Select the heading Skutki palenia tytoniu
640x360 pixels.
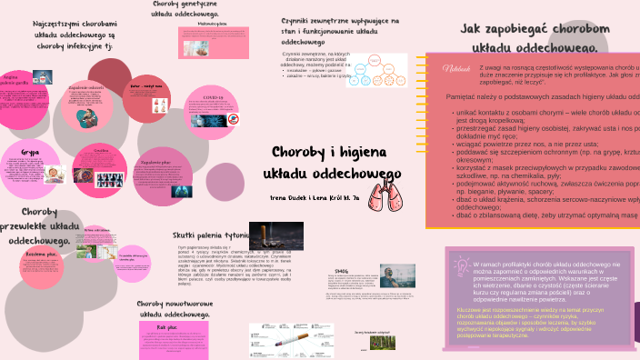point(212,235)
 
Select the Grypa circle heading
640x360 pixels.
point(30,153)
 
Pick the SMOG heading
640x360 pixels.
point(342,271)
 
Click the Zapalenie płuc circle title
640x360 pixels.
point(156,163)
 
